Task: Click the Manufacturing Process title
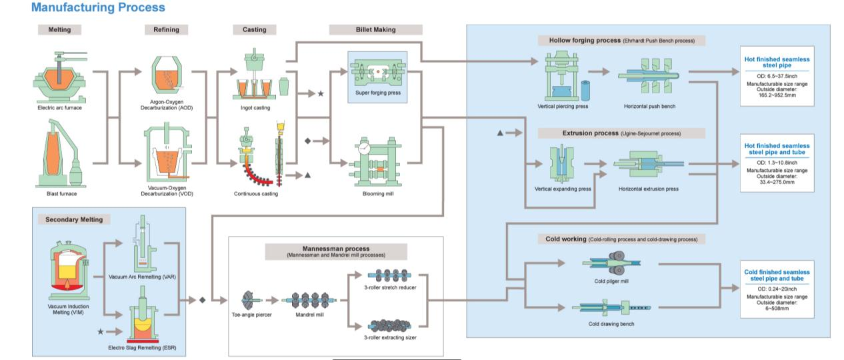pos(98,8)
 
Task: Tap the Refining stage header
pos(166,29)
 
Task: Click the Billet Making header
pos(375,29)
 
